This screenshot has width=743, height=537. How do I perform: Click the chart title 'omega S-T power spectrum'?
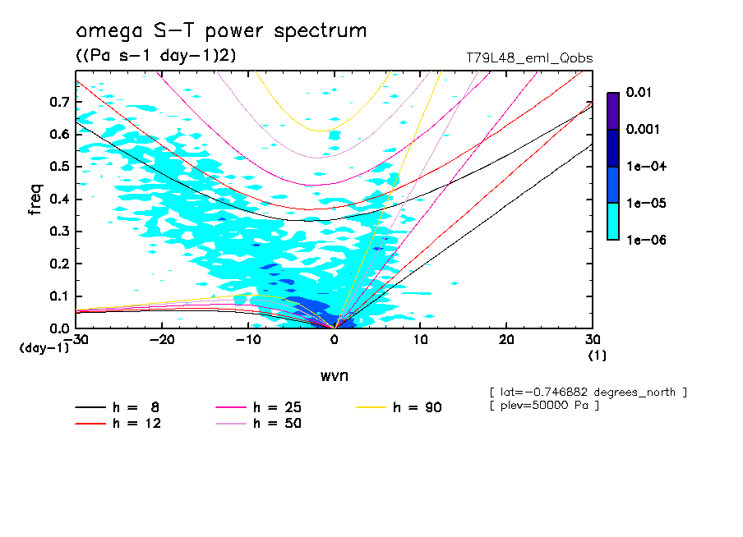(221, 31)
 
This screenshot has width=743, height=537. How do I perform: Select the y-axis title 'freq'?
(35, 200)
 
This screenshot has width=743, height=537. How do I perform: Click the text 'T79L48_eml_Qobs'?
(528, 58)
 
